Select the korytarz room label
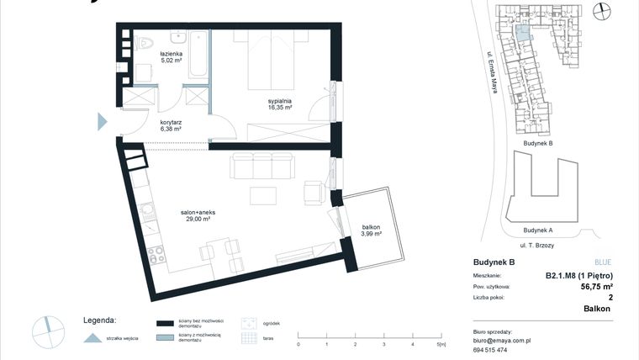pos(171,125)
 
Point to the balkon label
pos(372,230)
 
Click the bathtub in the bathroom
pos(198,55)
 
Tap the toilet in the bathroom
pos(144,42)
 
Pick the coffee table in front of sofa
pos(263,195)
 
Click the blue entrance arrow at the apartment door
pos(102,121)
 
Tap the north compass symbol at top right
pos(601,11)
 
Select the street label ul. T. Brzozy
pos(538,244)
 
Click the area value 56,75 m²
pos(602,286)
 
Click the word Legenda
pos(99,320)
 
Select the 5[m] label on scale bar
pos(441,344)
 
